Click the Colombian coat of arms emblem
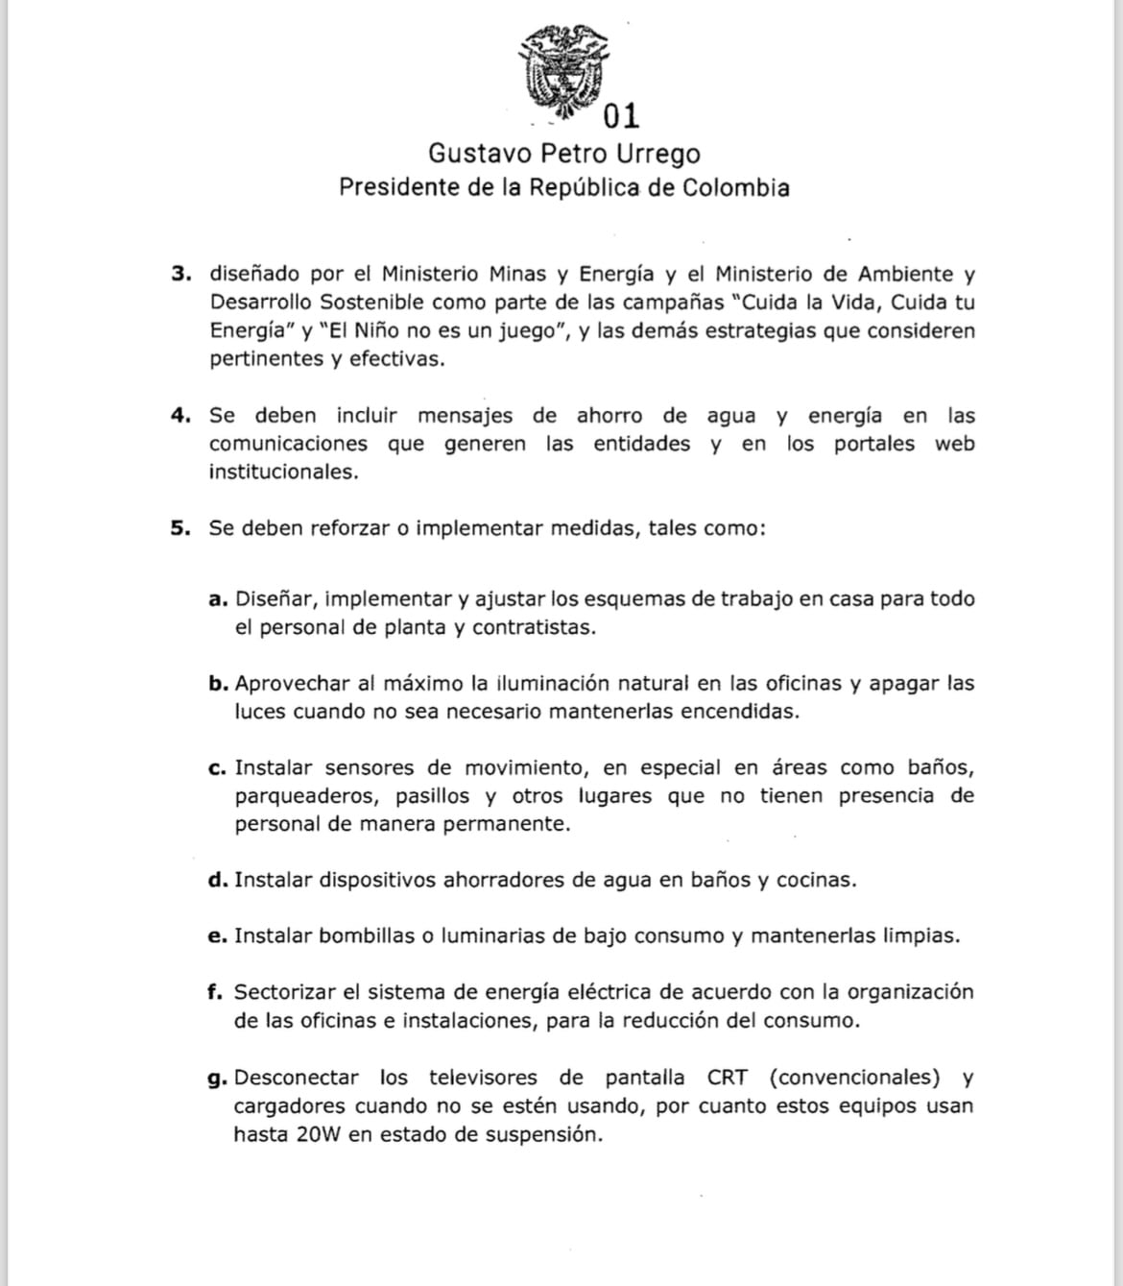coord(563,73)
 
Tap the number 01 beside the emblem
coord(621,116)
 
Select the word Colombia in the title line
coord(736,187)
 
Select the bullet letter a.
coord(217,600)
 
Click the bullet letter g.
coord(216,1079)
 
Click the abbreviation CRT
coord(729,1078)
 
